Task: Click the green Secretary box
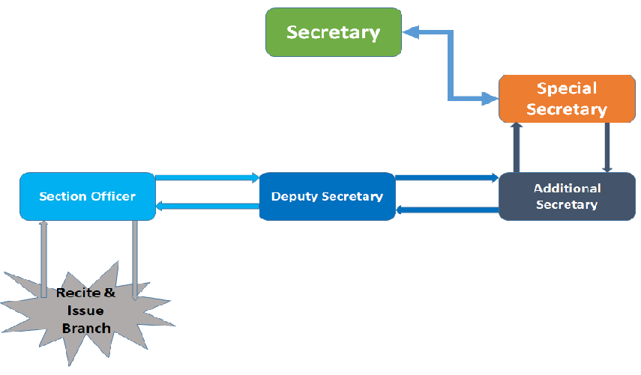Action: tap(334, 32)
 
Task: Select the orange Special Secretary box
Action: tap(567, 99)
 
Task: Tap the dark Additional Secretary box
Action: tap(567, 196)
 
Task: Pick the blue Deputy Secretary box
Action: tap(327, 196)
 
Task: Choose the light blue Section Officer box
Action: tap(88, 196)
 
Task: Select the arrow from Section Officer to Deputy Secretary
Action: tap(207, 178)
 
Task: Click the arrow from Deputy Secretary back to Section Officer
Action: tap(207, 206)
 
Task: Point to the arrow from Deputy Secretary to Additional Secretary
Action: tap(446, 178)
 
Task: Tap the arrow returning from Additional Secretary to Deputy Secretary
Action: tap(446, 210)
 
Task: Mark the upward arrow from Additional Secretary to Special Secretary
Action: tap(517, 147)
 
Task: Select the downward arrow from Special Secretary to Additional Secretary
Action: tap(607, 147)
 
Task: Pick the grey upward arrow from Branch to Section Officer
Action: tap(43, 258)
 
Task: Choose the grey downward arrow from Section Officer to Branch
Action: tap(135, 258)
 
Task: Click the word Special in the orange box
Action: tap(567, 88)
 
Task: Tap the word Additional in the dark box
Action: tap(567, 189)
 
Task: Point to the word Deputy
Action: tap(295, 196)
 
